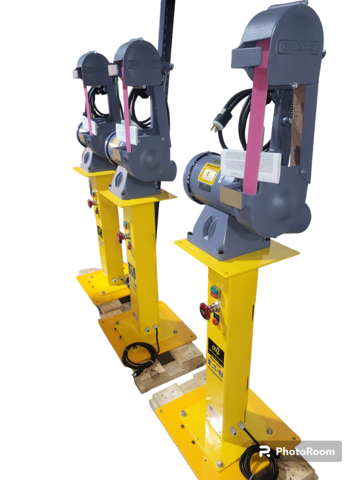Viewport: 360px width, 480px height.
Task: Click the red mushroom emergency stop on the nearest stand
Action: point(205,310)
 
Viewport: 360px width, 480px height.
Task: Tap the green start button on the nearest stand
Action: point(214,289)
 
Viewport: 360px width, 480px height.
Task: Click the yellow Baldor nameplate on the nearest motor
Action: point(207,173)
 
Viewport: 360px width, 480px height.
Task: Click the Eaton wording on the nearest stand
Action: point(215,370)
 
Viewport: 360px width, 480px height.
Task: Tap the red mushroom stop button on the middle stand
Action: point(121,237)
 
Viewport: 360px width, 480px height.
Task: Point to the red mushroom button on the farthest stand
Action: point(90,203)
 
